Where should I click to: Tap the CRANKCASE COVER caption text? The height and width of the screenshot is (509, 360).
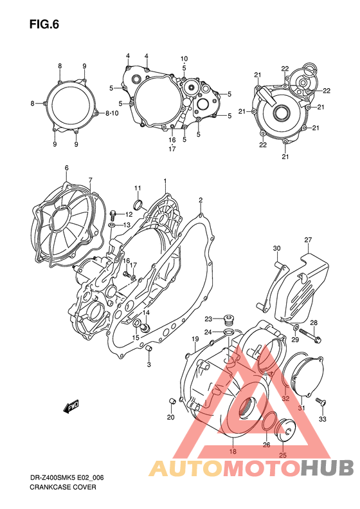pos(63,487)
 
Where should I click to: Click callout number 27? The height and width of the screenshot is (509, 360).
pos(308,240)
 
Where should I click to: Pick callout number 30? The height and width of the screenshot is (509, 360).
pos(276,248)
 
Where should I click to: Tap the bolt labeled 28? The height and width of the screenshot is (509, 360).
pos(316,337)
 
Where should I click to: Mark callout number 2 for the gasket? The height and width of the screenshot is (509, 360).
pos(201,199)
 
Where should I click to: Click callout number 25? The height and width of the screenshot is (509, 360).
pos(281,456)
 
